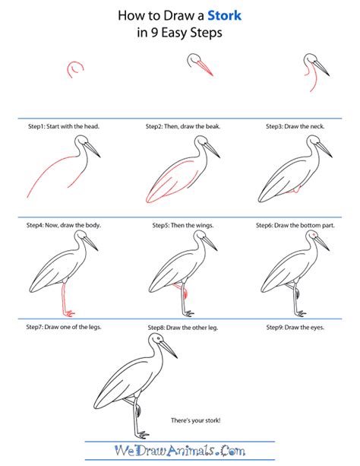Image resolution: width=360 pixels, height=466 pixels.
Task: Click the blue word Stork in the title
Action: click(224, 15)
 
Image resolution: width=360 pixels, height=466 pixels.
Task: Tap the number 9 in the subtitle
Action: click(154, 33)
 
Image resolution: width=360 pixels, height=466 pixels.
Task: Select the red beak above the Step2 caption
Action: click(205, 68)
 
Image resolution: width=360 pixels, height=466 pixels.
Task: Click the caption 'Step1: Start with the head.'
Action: click(64, 126)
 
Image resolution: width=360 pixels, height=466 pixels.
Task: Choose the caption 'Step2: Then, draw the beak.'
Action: click(183, 126)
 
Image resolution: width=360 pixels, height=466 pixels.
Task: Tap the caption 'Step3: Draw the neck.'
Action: click(295, 126)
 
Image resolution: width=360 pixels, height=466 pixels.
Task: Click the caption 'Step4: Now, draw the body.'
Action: click(64, 225)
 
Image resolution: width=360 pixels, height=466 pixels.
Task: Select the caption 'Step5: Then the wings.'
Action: click(183, 225)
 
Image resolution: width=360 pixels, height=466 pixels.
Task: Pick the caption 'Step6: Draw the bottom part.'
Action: click(295, 225)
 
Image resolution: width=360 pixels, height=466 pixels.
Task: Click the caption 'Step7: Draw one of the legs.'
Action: click(64, 327)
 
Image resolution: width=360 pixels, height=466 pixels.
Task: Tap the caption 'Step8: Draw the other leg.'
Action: click(183, 328)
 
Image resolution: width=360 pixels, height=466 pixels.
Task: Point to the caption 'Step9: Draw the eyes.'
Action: click(295, 327)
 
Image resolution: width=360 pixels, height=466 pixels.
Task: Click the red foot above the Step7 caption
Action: click(70, 313)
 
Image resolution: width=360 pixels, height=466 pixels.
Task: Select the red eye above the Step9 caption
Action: click(314, 235)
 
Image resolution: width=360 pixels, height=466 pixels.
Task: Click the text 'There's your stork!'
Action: click(196, 420)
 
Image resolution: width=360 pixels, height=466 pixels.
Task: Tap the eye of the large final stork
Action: click(158, 338)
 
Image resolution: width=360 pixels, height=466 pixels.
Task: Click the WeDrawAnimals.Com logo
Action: click(180, 451)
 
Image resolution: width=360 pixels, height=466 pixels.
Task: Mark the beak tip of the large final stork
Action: click(177, 358)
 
